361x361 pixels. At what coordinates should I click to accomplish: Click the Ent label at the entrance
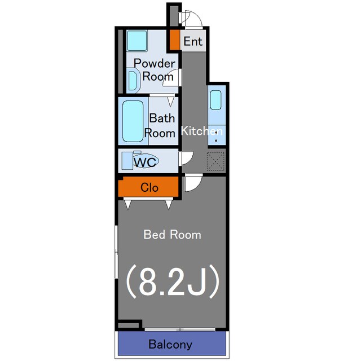(193, 41)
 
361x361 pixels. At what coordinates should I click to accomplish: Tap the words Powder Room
(155, 70)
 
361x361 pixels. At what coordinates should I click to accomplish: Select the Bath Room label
(160, 126)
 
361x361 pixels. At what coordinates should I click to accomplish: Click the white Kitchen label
(202, 131)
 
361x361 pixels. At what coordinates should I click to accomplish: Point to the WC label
(145, 162)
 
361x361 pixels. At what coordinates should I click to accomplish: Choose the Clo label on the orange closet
(149, 187)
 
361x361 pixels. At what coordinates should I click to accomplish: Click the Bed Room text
(172, 235)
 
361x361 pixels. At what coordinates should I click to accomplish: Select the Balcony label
(170, 345)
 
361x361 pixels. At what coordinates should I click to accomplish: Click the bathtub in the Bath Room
(133, 121)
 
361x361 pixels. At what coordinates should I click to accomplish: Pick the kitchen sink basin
(215, 100)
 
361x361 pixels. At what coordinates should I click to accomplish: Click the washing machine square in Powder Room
(137, 41)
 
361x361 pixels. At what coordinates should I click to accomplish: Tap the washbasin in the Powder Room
(133, 81)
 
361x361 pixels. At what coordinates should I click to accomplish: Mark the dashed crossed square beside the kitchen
(215, 161)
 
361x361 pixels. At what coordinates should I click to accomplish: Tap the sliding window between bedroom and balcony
(180, 329)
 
